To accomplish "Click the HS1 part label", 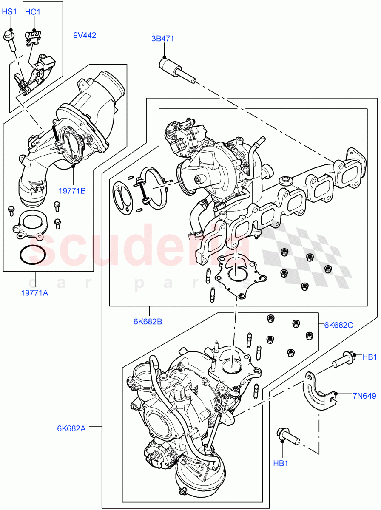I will click(x=9, y=12).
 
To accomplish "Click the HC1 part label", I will click(x=32, y=12).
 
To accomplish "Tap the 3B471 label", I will click(x=163, y=39).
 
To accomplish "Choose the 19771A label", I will click(x=35, y=292).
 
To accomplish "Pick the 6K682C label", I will click(x=339, y=325).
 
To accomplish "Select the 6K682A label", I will click(x=71, y=428).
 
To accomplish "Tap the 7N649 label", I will click(x=364, y=396).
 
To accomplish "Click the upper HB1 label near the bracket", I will click(x=369, y=357).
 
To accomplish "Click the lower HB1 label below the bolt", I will click(x=281, y=464).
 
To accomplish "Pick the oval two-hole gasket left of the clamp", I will click(x=122, y=196).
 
